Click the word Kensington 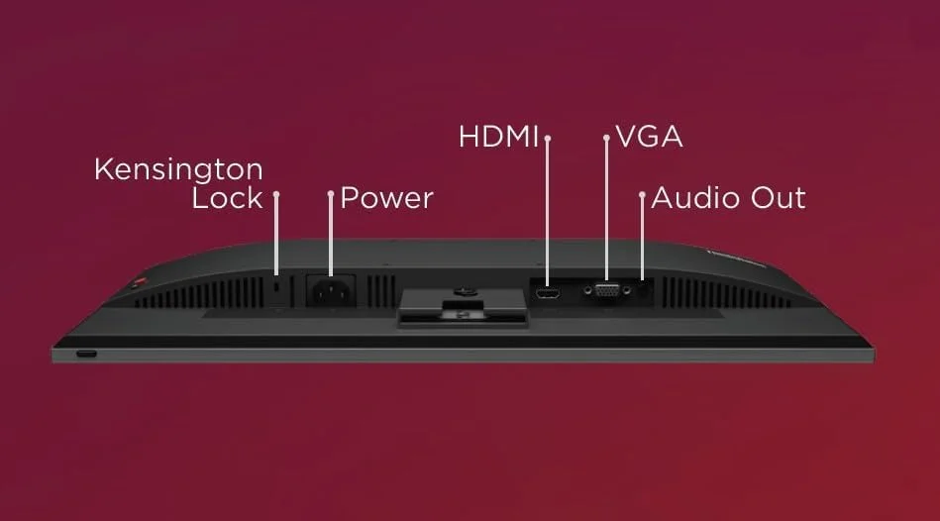tap(178, 169)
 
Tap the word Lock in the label tap(227, 198)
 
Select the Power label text tap(386, 198)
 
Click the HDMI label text tap(498, 137)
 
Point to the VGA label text tap(649, 137)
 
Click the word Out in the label tap(778, 198)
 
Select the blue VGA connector tap(606, 291)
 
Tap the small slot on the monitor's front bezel tap(87, 354)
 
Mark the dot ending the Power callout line tap(331, 195)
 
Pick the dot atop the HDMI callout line tap(548, 138)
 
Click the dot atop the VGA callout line tap(606, 138)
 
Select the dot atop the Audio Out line tap(642, 195)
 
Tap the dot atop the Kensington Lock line tap(276, 195)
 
